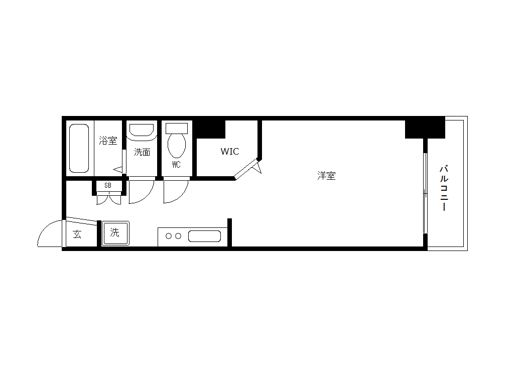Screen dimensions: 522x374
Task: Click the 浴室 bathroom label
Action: click(x=108, y=140)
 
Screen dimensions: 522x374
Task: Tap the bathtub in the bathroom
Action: click(x=79, y=148)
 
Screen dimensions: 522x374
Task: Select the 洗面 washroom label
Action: click(x=142, y=152)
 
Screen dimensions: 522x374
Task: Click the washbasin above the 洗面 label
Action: click(x=142, y=130)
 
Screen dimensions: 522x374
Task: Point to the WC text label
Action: click(x=177, y=164)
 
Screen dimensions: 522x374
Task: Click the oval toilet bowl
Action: click(x=177, y=146)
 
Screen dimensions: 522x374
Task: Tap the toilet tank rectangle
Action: click(x=177, y=128)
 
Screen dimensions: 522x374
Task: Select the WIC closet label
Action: click(x=230, y=152)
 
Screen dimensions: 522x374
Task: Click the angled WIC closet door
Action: click(x=246, y=169)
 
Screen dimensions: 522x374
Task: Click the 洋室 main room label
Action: click(x=326, y=176)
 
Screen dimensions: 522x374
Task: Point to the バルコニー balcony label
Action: click(x=444, y=188)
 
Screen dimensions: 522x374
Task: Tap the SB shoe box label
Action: click(x=108, y=186)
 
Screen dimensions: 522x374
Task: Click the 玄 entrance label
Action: click(x=77, y=234)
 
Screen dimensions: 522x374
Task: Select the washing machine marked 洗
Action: click(x=115, y=233)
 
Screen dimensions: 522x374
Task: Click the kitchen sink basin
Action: click(x=204, y=236)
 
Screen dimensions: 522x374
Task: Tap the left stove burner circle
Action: click(x=169, y=236)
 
